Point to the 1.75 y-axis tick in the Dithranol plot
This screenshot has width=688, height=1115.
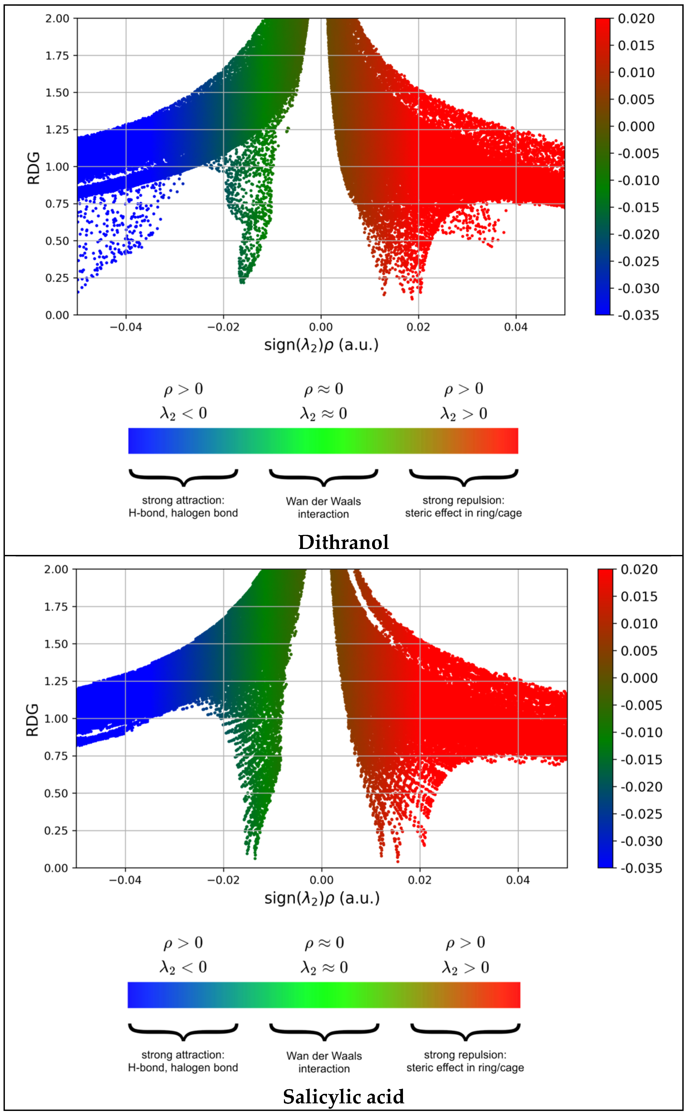pos(57,56)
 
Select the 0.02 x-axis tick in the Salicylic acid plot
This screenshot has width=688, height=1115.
pos(420,880)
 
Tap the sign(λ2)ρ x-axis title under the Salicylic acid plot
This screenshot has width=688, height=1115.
pos(322,898)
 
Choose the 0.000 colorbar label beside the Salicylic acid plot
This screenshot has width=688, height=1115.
pos(639,678)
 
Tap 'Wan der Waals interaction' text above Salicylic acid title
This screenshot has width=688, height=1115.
pos(324,1062)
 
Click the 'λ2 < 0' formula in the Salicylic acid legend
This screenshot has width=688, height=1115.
pos(183,967)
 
